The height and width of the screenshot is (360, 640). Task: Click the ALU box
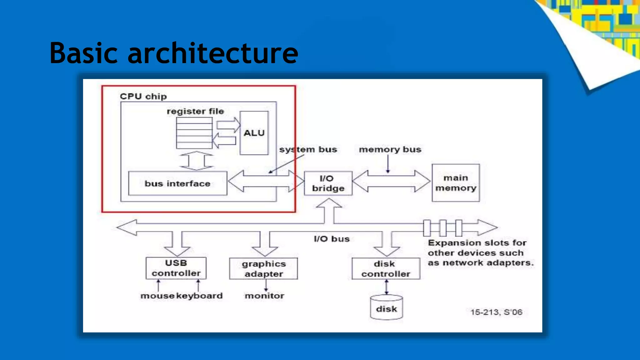point(254,133)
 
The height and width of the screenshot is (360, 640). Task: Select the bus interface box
point(177,183)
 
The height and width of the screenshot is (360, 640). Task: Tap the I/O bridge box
point(328,183)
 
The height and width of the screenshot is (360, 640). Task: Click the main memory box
point(456,183)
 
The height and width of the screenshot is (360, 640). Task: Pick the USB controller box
point(176,268)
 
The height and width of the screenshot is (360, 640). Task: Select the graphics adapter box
point(263,268)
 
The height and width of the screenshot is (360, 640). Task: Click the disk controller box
point(386,269)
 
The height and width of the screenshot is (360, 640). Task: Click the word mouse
point(157,296)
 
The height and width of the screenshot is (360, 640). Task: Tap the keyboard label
point(199,296)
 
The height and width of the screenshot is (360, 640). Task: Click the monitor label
point(264,296)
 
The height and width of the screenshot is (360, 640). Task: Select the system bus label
point(308,149)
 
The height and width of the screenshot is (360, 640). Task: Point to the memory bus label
point(390,149)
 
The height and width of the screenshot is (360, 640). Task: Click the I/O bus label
point(332,239)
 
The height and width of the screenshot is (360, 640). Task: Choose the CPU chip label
point(143,96)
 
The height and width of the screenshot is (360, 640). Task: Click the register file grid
point(194,133)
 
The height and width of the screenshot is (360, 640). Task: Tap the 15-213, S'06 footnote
point(496,312)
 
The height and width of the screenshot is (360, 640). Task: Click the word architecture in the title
point(213,53)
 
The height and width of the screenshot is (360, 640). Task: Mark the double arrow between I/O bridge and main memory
point(391,181)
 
